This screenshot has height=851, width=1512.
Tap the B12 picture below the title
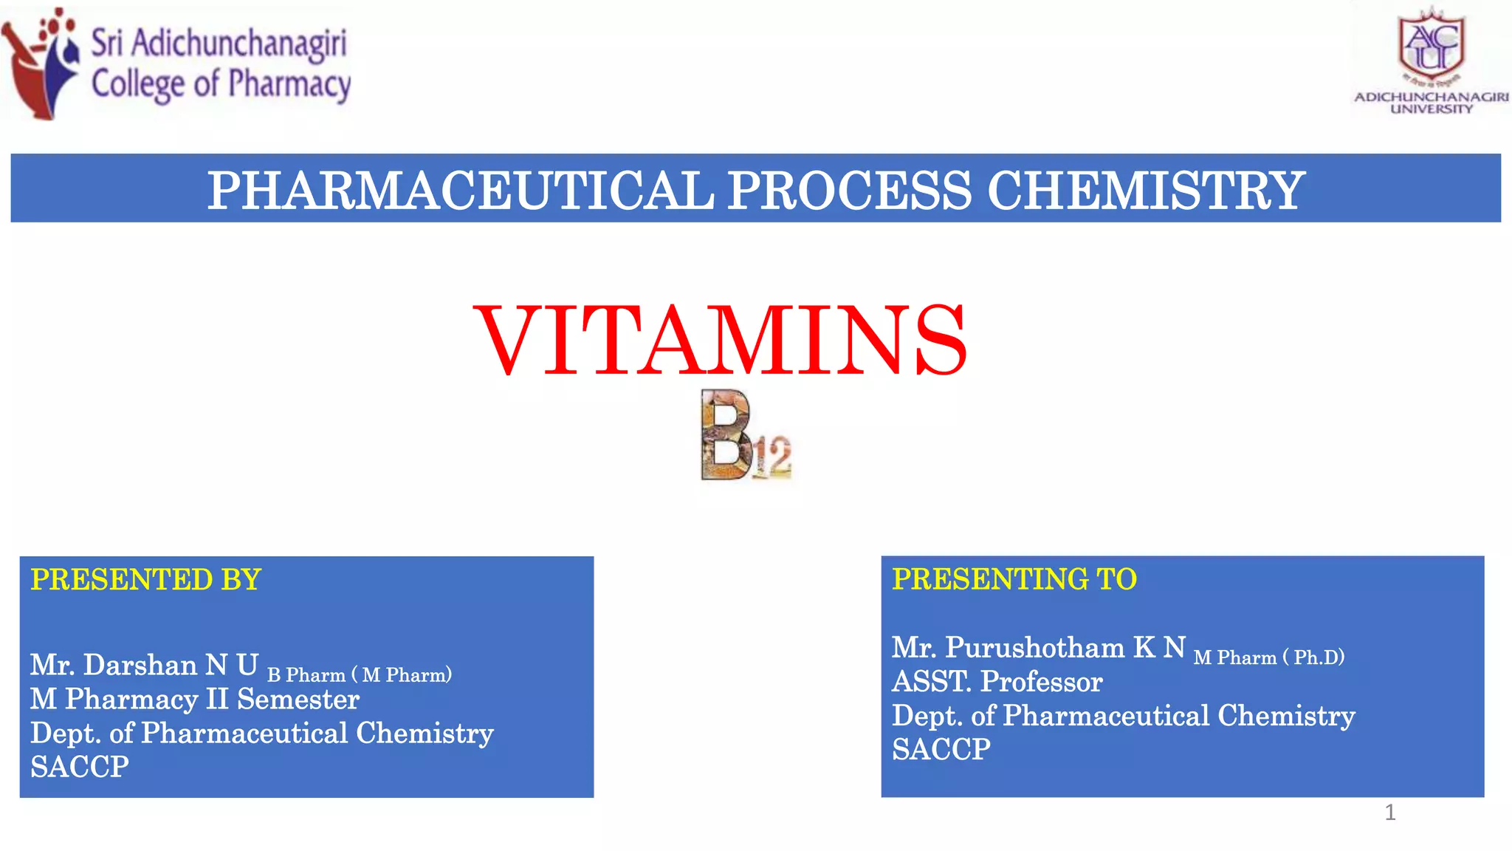click(744, 436)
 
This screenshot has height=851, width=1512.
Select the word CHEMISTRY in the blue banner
click(1145, 190)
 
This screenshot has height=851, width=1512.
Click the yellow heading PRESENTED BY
click(145, 580)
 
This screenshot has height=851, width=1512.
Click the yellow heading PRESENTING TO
click(1014, 579)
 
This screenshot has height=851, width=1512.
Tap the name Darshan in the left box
click(140, 666)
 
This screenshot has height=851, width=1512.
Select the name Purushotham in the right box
click(1034, 648)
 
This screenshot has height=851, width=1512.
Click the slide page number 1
click(1389, 813)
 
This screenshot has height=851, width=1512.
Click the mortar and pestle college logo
click(41, 63)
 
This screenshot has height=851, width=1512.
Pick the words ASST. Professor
click(997, 682)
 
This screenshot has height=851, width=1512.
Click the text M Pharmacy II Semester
click(194, 700)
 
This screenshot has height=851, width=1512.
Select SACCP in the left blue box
click(79, 768)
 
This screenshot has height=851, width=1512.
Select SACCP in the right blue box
click(941, 750)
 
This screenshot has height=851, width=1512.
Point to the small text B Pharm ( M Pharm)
click(359, 675)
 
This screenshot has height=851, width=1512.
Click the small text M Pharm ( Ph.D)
click(1268, 657)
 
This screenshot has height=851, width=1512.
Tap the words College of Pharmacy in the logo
click(221, 83)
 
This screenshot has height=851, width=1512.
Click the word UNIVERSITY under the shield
click(1431, 109)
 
